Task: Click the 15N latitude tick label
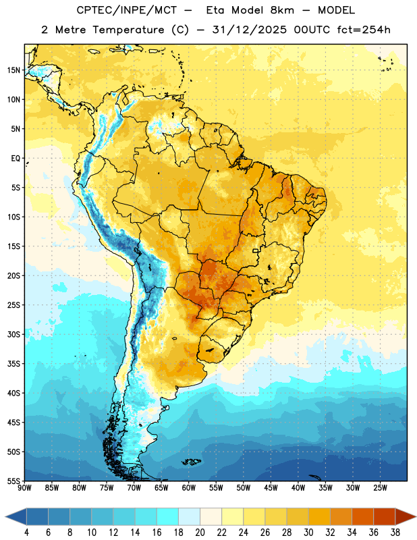point(13,70)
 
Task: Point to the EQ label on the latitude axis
point(16,159)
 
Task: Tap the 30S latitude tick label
point(13,334)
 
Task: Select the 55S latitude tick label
point(13,481)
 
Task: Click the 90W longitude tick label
point(24,488)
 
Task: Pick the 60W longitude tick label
point(189,488)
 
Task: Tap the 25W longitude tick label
point(380,488)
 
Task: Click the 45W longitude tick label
point(271,488)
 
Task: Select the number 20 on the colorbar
point(200,533)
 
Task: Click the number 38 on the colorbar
point(395,533)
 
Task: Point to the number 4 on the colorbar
point(26,533)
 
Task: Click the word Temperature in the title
point(128,30)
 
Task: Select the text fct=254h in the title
point(364,30)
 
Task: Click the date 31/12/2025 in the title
point(249,30)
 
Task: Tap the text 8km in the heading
point(282,10)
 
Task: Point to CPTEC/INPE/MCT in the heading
point(127,11)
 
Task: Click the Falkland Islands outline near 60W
point(191,462)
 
